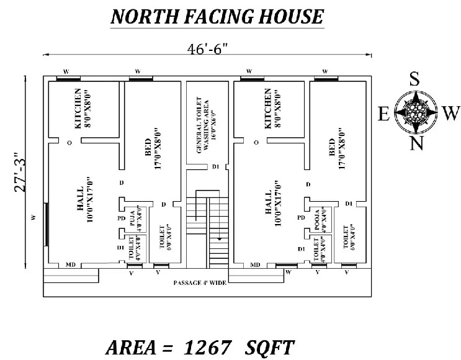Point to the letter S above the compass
point(414,79)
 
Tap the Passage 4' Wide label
point(200,282)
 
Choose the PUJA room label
point(132,217)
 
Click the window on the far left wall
point(46,224)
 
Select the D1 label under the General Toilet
point(215,166)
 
